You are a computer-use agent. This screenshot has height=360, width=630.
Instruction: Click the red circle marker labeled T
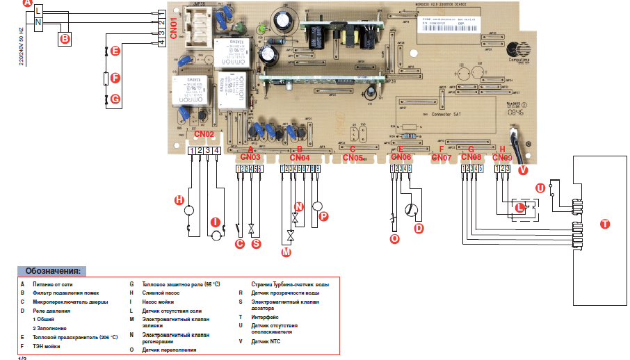[x=604, y=224]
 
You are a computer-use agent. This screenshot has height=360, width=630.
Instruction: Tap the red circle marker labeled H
[x=179, y=199]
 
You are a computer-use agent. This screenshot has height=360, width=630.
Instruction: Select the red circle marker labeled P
[x=323, y=216]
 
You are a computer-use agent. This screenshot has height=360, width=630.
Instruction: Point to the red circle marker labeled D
[x=419, y=229]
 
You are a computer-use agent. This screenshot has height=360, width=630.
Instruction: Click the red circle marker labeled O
[x=395, y=238]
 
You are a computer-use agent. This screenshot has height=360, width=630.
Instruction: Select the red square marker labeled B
[x=64, y=39]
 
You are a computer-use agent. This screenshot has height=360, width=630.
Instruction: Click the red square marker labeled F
[x=115, y=79]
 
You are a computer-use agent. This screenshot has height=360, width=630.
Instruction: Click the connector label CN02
[x=204, y=133]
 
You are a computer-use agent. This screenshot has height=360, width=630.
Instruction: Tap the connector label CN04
[x=300, y=158]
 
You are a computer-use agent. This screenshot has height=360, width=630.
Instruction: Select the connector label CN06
[x=401, y=158]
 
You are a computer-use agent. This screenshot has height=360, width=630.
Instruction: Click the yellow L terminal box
[x=38, y=10]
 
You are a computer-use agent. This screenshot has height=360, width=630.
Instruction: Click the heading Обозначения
[x=52, y=270]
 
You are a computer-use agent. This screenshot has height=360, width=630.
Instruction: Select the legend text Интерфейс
[x=267, y=317]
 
